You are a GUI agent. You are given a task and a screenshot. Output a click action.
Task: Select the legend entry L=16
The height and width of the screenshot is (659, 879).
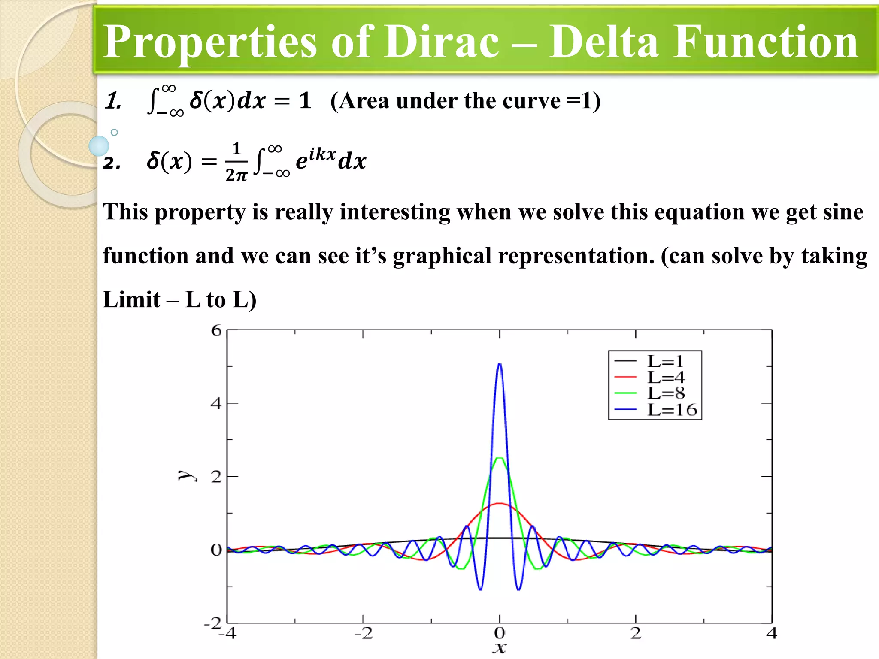[x=672, y=410]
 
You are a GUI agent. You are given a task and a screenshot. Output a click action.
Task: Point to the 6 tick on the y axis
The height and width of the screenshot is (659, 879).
[x=216, y=330]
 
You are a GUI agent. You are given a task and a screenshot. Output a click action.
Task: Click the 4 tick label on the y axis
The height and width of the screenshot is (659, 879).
[x=216, y=403]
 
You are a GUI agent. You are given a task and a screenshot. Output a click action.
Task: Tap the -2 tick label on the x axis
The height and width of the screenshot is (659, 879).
[x=363, y=633]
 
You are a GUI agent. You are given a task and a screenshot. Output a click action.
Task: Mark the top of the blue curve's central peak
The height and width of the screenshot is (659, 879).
[x=499, y=364]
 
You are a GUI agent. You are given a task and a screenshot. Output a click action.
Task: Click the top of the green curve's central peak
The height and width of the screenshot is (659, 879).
[x=499, y=458]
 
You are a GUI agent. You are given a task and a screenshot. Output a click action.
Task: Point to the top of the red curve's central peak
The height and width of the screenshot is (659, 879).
[x=499, y=504]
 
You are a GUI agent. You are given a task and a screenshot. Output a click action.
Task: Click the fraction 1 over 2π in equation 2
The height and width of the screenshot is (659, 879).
[x=236, y=162]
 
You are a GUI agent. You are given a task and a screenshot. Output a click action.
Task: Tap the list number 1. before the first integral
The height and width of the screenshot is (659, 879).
[x=113, y=101]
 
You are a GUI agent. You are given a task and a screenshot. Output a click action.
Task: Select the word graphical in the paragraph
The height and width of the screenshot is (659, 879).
[x=442, y=256]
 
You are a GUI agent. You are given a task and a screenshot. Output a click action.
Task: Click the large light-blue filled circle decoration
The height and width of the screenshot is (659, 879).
[x=99, y=146]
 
